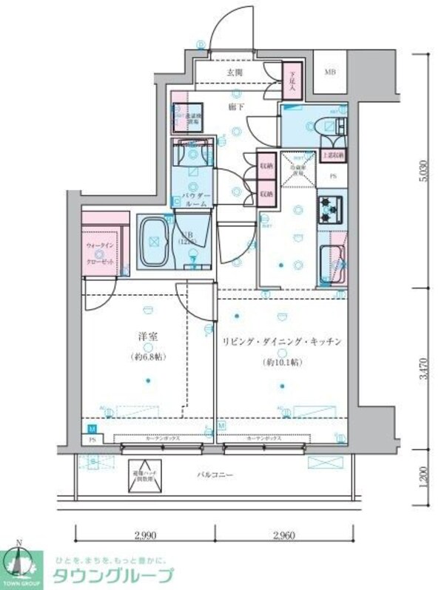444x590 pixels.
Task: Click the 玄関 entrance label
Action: [235, 72]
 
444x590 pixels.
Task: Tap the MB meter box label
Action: [329, 72]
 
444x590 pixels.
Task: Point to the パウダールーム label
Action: [197, 199]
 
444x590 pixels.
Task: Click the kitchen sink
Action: [332, 262]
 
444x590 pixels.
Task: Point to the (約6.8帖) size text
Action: [149, 356]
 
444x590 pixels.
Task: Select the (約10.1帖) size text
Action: [282, 362]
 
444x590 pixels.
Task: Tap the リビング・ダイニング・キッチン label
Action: [282, 342]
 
